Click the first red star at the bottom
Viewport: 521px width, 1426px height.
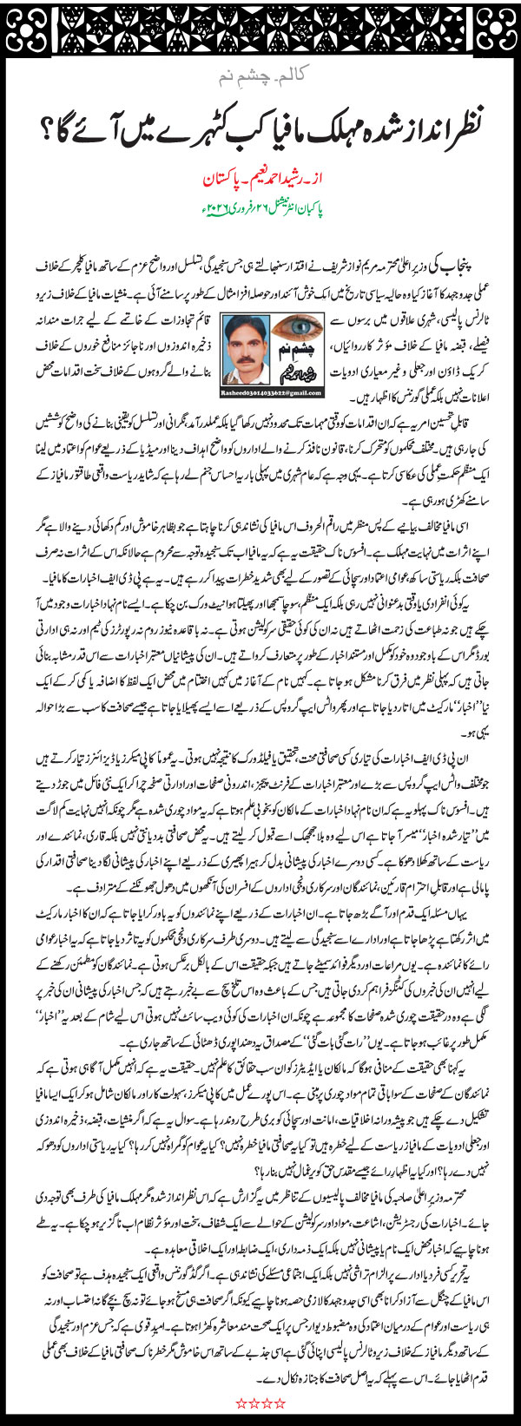coord(241,1403)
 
